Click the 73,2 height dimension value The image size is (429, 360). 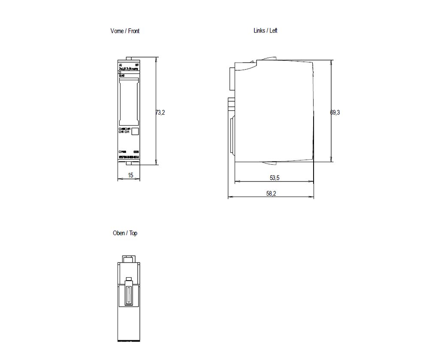click(160, 112)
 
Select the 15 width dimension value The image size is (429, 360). click(130, 175)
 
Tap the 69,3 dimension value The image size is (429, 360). click(335, 112)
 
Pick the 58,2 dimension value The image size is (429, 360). click(271, 194)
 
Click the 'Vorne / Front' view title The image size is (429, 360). click(125, 31)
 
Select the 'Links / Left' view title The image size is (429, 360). click(266, 30)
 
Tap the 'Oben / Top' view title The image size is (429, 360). click(125, 233)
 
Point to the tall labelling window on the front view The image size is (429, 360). click(129, 102)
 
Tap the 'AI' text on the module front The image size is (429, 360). click(121, 65)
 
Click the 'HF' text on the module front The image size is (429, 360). click(137, 65)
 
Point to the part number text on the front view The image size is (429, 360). click(129, 157)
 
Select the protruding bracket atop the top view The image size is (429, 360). click(129, 259)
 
